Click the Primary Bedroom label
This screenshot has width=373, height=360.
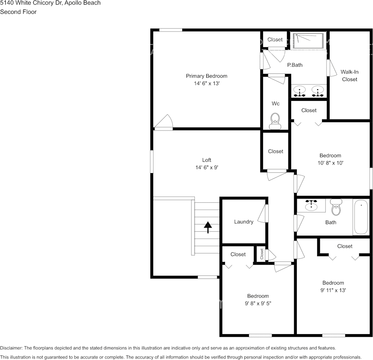coord(206,76)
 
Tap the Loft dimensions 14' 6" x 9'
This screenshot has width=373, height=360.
coord(207,167)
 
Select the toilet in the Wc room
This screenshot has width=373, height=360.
coord(275,121)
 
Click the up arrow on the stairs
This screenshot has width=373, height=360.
coord(208,227)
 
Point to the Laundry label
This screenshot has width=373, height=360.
coord(244,221)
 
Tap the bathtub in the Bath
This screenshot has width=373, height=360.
coord(361,217)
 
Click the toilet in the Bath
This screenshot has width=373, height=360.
coord(336,207)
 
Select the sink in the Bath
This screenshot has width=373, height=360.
coord(311,205)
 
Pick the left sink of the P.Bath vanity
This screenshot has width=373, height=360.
coord(300,91)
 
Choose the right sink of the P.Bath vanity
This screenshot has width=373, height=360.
coord(317,91)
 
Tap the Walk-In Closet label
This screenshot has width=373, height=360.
coord(349,76)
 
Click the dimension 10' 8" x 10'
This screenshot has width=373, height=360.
coord(330,163)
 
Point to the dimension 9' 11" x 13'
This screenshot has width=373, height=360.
coord(333,290)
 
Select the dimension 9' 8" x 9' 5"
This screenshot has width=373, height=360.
coord(258,303)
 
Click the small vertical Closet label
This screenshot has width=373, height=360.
coord(262,254)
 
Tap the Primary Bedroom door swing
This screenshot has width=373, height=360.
coord(163,122)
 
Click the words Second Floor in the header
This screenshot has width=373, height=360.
coord(18,12)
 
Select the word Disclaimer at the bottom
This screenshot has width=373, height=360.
coord(11,348)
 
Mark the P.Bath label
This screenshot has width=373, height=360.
coord(295,65)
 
